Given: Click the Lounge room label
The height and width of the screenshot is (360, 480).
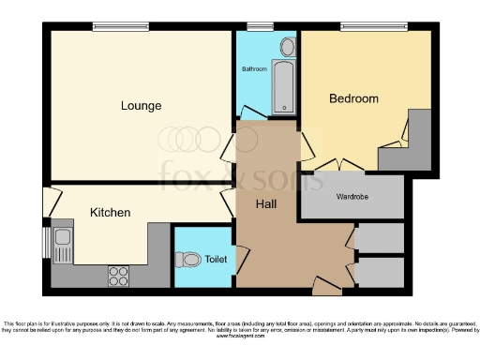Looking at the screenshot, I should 141,105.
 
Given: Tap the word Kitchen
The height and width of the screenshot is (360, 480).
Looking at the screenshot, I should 110,213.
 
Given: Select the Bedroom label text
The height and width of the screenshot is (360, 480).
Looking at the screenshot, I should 353,98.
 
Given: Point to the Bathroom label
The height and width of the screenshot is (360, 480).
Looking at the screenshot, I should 255,69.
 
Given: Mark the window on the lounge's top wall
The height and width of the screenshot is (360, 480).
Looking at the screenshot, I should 119,27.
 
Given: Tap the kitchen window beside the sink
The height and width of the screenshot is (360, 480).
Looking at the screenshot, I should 45,242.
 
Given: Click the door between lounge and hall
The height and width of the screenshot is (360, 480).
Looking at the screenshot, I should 232,144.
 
